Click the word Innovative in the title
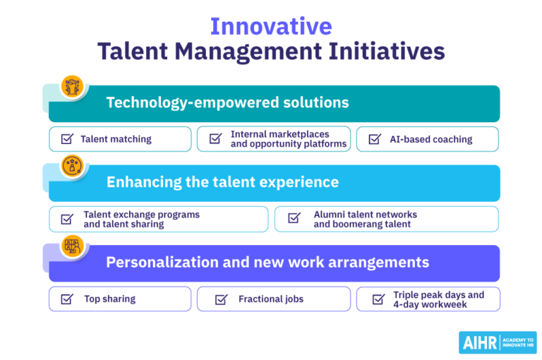click(271, 26)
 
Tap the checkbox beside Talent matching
click(67, 139)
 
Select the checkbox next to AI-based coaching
click(375, 139)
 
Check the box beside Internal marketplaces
click(216, 139)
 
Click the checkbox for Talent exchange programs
click(67, 219)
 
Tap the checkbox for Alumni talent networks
click(294, 219)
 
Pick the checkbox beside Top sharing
click(67, 299)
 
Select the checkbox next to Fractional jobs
click(221, 299)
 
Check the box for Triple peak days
click(378, 299)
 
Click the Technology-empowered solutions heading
click(227, 103)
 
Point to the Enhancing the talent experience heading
click(222, 182)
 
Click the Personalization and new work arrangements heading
click(267, 262)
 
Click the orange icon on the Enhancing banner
click(72, 166)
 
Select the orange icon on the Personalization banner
click(72, 246)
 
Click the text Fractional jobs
click(271, 299)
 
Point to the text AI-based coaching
click(431, 139)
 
